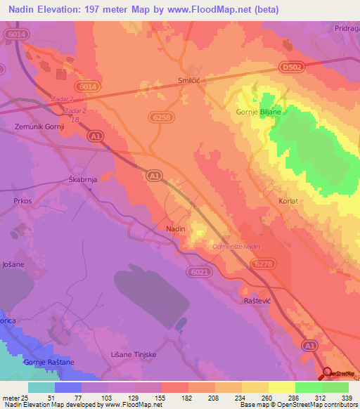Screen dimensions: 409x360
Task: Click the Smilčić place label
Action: [192, 81]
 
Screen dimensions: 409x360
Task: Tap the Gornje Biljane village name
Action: [258, 112]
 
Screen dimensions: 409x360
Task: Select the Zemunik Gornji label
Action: [39, 126]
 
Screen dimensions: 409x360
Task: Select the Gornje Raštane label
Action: [49, 361]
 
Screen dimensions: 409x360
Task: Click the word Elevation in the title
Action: [63, 10]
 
